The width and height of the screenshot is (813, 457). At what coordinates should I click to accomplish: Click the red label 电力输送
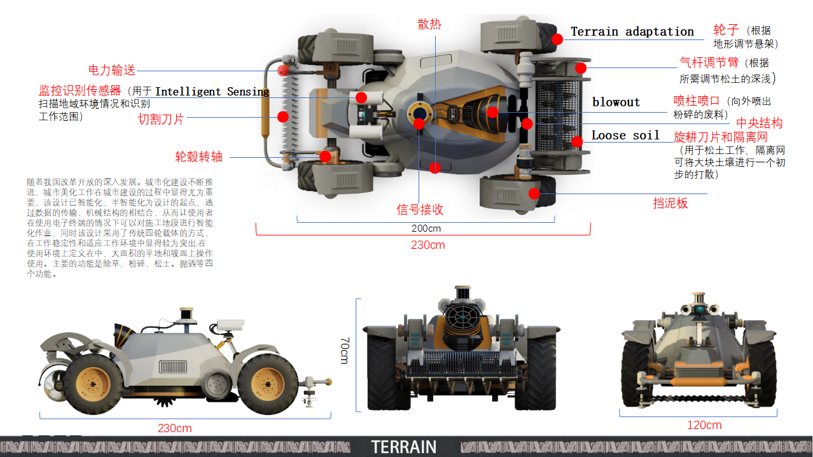tap(111, 70)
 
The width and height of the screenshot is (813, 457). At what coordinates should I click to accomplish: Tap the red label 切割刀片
tap(161, 118)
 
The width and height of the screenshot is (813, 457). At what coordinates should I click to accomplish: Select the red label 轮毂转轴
tap(198, 157)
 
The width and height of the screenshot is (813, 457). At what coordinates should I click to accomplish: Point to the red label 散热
tap(429, 24)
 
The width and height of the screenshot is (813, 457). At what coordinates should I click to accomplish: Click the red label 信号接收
tap(420, 209)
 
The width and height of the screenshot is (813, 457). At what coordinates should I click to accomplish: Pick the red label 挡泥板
tap(671, 203)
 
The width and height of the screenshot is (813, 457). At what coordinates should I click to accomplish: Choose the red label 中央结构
tap(759, 123)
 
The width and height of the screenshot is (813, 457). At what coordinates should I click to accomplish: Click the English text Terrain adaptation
tap(632, 31)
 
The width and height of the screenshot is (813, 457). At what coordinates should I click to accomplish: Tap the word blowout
tap(616, 102)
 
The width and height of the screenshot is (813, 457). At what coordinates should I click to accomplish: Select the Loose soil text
tap(625, 135)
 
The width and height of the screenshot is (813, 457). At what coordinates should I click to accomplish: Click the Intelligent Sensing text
tap(212, 92)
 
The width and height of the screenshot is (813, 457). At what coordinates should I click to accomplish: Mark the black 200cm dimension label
tap(426, 228)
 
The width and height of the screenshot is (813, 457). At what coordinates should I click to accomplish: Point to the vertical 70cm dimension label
tap(344, 351)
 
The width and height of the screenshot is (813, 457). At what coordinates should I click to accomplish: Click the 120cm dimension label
tap(704, 425)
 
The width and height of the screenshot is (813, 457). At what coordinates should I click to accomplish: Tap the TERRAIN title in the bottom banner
tap(404, 447)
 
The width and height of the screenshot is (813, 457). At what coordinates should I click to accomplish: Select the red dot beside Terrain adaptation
tap(557, 39)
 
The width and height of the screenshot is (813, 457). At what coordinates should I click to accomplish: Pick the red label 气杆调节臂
tap(709, 62)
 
